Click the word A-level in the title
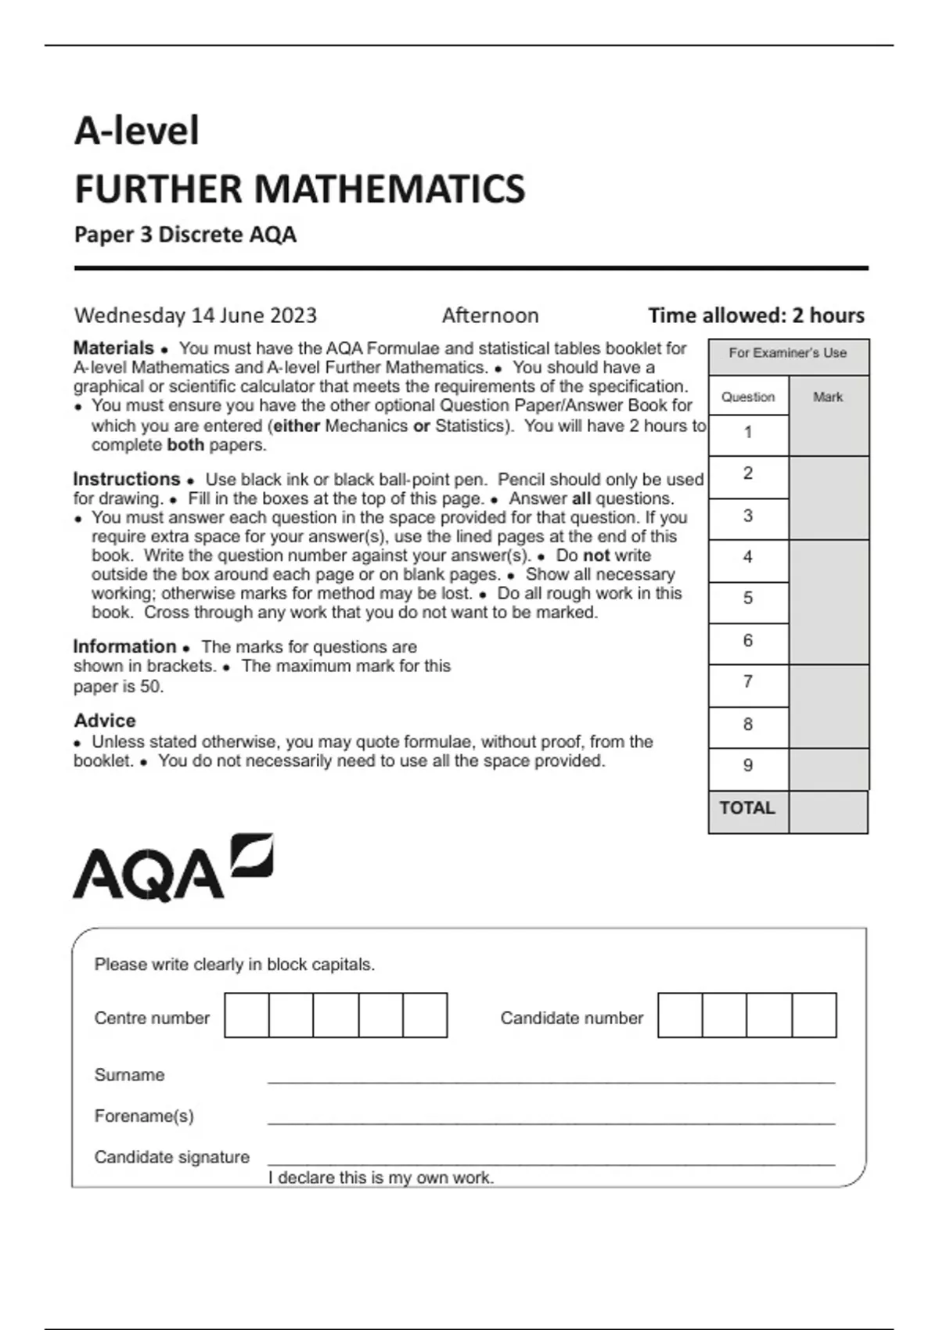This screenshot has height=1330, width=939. pos(137,131)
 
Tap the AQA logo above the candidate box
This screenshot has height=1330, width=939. pos(172,868)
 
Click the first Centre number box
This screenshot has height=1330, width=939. pos(246,1015)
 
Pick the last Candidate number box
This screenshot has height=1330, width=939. pos(815,1015)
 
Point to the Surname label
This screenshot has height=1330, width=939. pos(129,1075)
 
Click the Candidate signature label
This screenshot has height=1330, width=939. pos(171,1157)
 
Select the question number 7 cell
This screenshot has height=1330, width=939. pos(748,682)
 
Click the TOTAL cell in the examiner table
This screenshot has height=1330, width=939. pos(747,808)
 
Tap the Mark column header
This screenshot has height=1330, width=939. pos(828,397)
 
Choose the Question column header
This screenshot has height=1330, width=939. pos(748,397)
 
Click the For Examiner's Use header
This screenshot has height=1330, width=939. pos(788,353)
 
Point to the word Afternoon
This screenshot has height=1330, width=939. pos(491,315)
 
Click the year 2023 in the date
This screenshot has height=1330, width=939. pos(293,315)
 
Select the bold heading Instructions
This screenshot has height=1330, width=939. pos(127,479)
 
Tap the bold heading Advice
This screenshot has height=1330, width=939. pos(105,721)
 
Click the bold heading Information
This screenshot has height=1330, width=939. pos(124,646)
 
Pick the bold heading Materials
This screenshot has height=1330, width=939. pos(113,348)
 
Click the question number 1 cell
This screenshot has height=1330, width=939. pos(748,432)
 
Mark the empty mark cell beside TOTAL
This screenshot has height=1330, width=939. pos(828,812)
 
